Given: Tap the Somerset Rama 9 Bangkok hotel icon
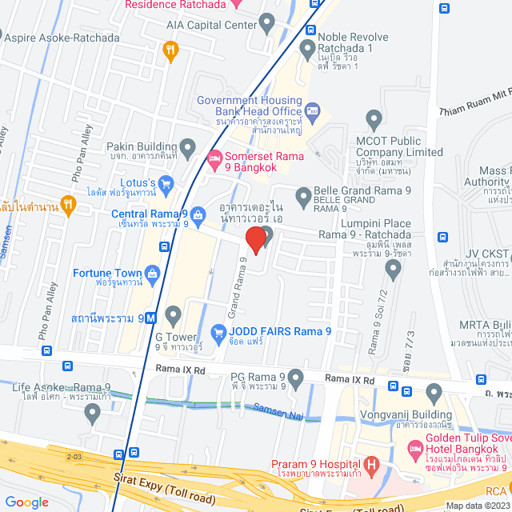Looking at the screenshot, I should tap(213, 158).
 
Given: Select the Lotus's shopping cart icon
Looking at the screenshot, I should tap(166, 186).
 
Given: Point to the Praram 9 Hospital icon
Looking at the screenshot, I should tap(370, 465).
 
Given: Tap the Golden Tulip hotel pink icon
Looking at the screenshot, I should tap(414, 447).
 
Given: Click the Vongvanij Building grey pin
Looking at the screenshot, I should tap(434, 393).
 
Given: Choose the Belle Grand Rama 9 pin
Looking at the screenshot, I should tap(303, 195).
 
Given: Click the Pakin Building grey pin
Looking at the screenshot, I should tap(188, 147).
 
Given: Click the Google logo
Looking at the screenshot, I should tap(27, 502).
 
